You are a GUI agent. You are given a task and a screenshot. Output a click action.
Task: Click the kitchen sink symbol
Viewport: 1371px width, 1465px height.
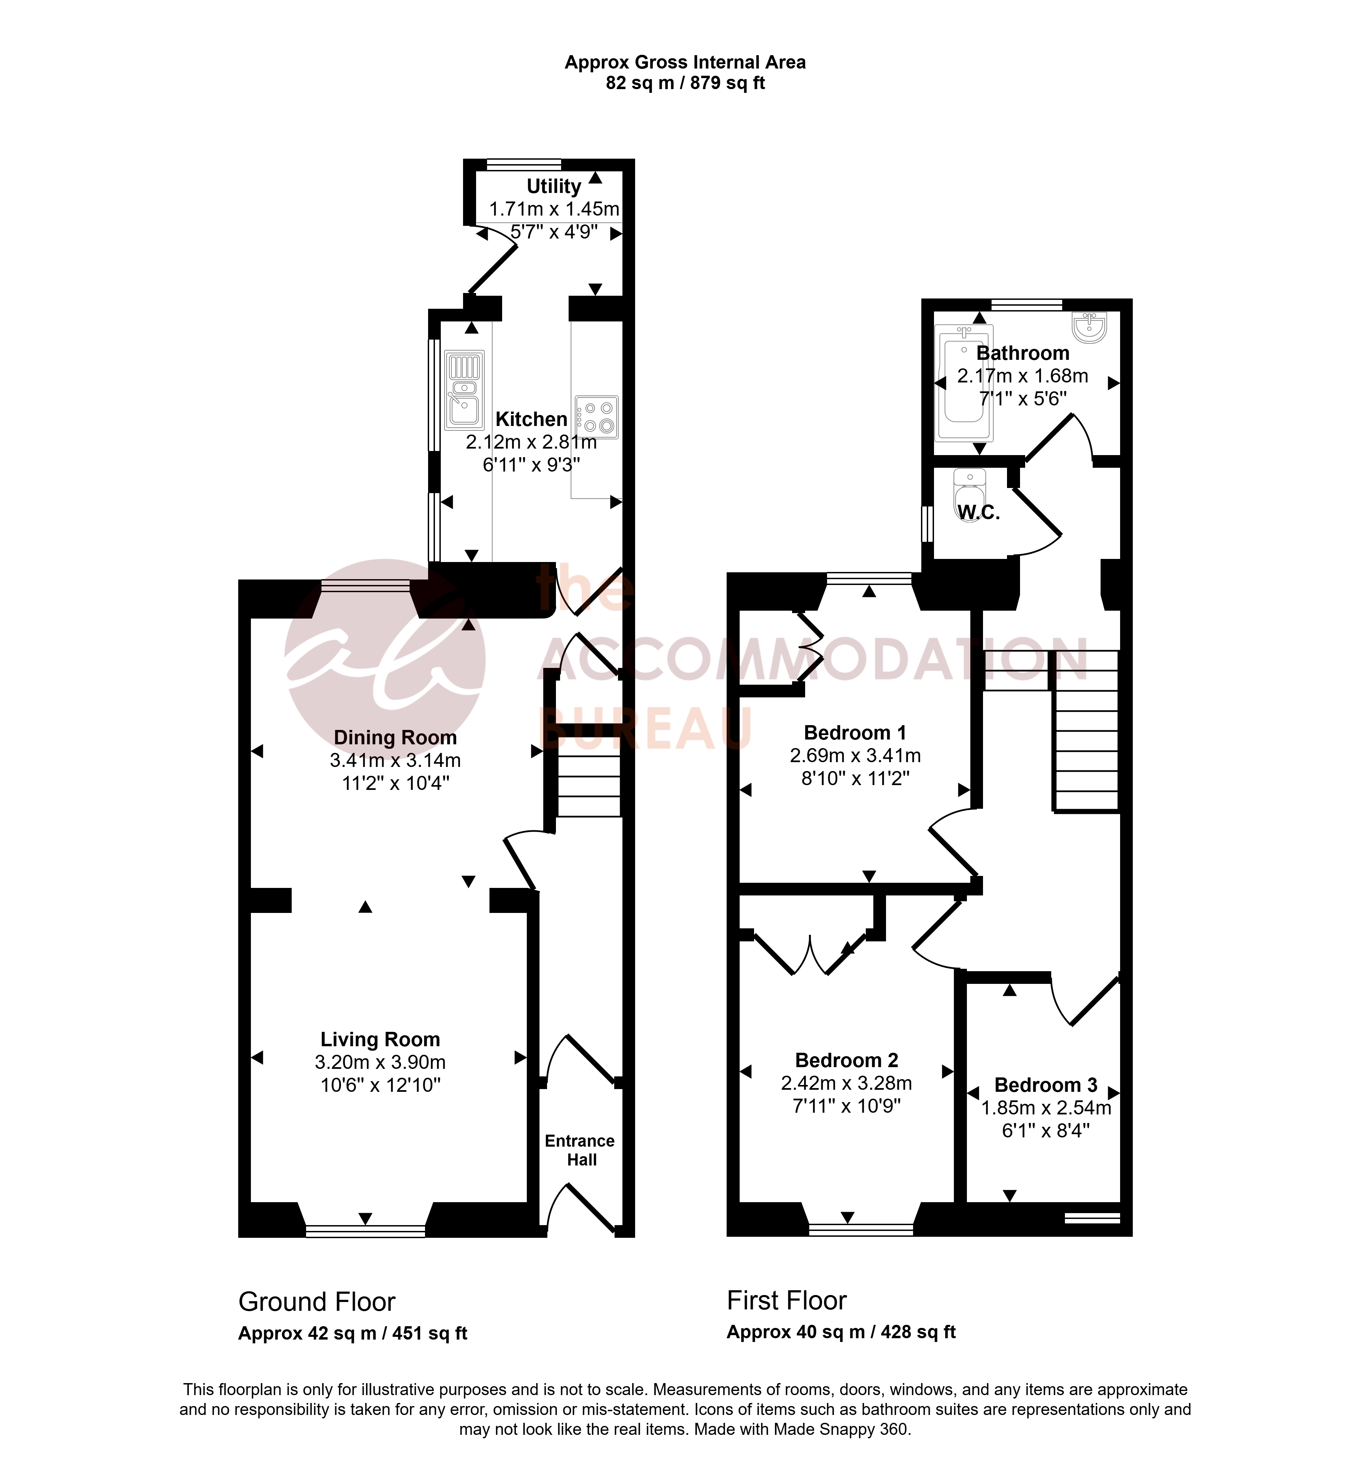(464, 390)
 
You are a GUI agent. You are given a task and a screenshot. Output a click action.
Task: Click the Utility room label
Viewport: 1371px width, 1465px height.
(554, 186)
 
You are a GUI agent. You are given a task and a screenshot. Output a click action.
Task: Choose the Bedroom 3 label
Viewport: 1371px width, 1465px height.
(1046, 1085)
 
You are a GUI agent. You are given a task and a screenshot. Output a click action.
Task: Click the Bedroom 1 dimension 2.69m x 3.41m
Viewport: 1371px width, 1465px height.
(855, 755)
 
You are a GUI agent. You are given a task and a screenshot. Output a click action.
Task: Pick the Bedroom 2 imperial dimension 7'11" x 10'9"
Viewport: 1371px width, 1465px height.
(847, 1106)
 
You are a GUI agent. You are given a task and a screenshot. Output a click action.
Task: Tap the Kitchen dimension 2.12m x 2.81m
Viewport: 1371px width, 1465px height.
(532, 442)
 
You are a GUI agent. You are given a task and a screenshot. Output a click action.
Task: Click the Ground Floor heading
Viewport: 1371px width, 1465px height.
(317, 1302)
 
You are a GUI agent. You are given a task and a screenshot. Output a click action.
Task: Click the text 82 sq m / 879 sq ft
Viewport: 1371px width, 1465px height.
(685, 83)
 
